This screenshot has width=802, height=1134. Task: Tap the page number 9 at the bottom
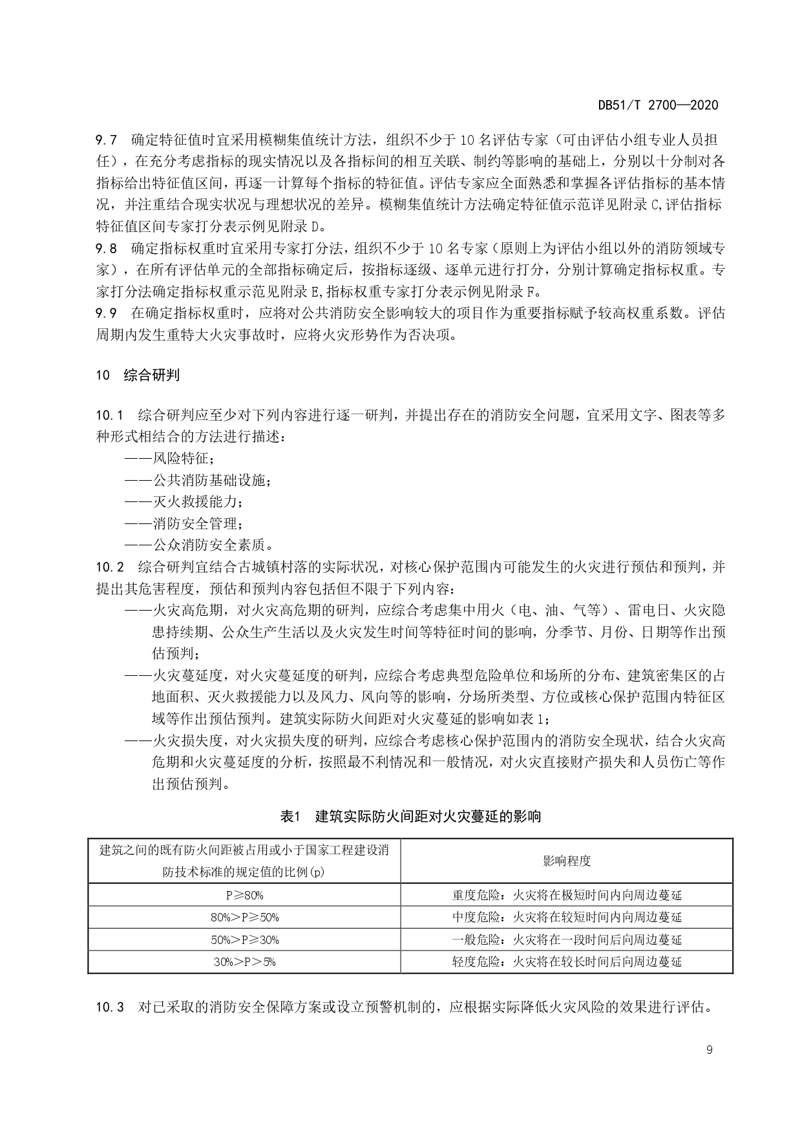point(710,1050)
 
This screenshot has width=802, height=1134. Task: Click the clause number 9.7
point(106,140)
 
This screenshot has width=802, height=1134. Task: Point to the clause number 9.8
point(106,248)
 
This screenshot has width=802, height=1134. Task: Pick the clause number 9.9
point(106,313)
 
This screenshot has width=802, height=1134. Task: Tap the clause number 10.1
point(109,414)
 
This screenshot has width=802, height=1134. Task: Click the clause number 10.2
point(109,567)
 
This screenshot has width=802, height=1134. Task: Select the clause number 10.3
point(109,1007)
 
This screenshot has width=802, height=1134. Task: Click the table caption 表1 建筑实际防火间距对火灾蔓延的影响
point(410,816)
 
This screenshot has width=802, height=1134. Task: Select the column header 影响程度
point(567,861)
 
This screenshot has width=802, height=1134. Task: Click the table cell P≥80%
point(244,895)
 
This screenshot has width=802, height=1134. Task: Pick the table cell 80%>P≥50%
point(244,917)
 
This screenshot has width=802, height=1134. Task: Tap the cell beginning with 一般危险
point(567,940)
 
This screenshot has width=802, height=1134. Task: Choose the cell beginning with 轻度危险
point(567,961)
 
